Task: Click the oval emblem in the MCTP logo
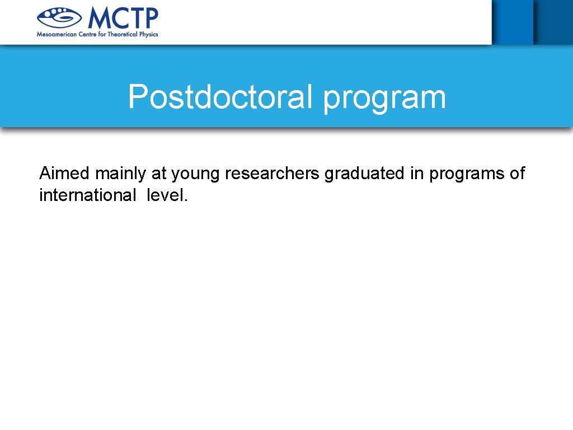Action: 59,18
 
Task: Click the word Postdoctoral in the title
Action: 222,97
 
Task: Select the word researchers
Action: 272,174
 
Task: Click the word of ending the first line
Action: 518,174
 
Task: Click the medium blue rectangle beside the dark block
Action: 512,21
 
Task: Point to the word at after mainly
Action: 159,174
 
